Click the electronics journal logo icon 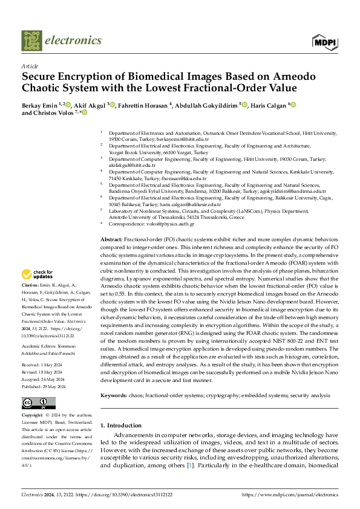tap(31, 41)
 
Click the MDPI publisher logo tap(325, 41)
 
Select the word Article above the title tap(30, 66)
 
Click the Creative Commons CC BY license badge tap(38, 403)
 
